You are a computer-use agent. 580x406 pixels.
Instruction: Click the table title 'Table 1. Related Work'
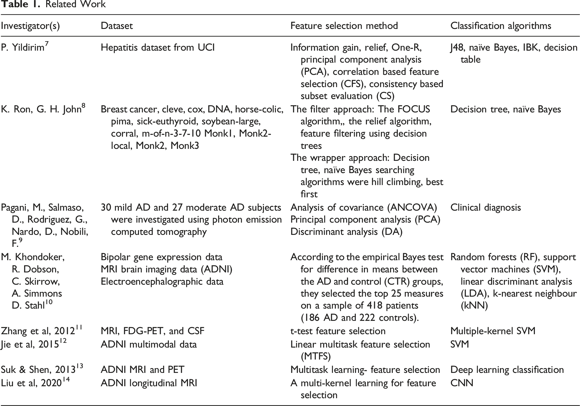(53, 4)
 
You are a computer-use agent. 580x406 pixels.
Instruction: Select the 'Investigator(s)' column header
(30, 26)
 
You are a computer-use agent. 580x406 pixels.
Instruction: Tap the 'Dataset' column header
(117, 26)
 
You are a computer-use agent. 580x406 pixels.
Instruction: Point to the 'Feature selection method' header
(344, 26)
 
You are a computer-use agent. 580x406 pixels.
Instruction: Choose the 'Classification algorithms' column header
(501, 26)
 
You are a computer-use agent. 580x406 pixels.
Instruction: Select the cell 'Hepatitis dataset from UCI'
(158, 48)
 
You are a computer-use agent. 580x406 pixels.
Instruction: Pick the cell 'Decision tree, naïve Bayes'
(505, 109)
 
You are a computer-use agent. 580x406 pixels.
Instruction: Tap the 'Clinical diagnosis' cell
(485, 208)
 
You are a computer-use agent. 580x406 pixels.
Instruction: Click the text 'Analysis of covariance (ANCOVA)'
(364, 208)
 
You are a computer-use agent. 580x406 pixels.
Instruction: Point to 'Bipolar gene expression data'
(161, 257)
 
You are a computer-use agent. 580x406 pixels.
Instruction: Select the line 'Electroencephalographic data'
(162, 282)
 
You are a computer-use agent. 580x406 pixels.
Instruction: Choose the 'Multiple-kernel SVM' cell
(493, 331)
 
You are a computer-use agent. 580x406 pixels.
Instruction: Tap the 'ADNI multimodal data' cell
(149, 345)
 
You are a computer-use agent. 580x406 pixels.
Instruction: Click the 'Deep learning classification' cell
(507, 370)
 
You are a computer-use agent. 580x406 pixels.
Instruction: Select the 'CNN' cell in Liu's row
(461, 383)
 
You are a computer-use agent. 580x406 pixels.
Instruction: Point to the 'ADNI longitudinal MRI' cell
(149, 383)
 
